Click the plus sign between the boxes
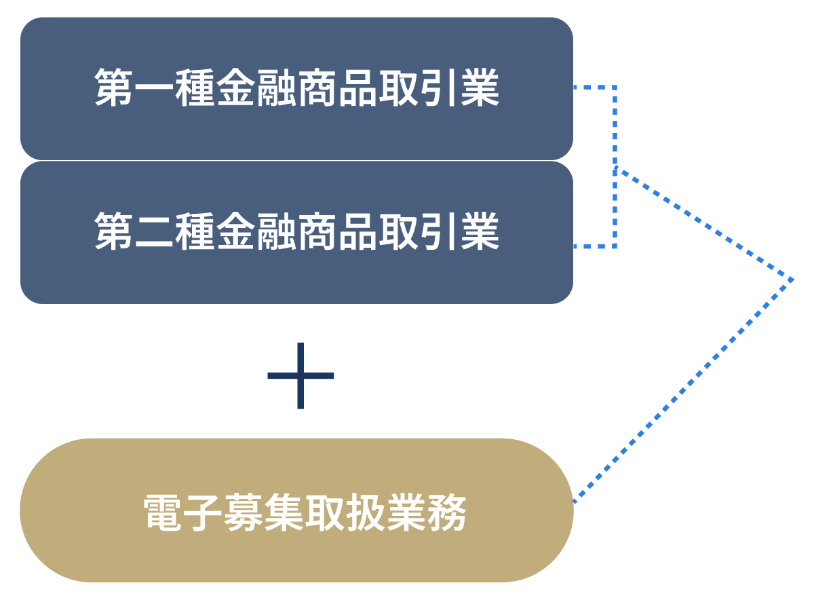pos(301,375)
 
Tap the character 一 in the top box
pos(155,88)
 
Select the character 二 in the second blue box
pos(155,231)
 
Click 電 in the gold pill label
pos(164,513)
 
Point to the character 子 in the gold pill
pos(205,513)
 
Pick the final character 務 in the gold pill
pos(447,513)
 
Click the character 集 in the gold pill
pos(286,513)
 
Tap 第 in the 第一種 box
pos(114,88)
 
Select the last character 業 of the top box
pos(480,88)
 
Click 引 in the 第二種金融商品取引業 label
pos(440,231)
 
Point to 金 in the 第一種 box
pos(236,88)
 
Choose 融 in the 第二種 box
pos(277,231)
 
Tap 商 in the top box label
pos(317,88)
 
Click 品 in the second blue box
pos(358,231)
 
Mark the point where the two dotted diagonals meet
pos(792,279)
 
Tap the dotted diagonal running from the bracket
pos(705,224)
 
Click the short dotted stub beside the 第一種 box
pos(594,88)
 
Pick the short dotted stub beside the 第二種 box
pos(594,246)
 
